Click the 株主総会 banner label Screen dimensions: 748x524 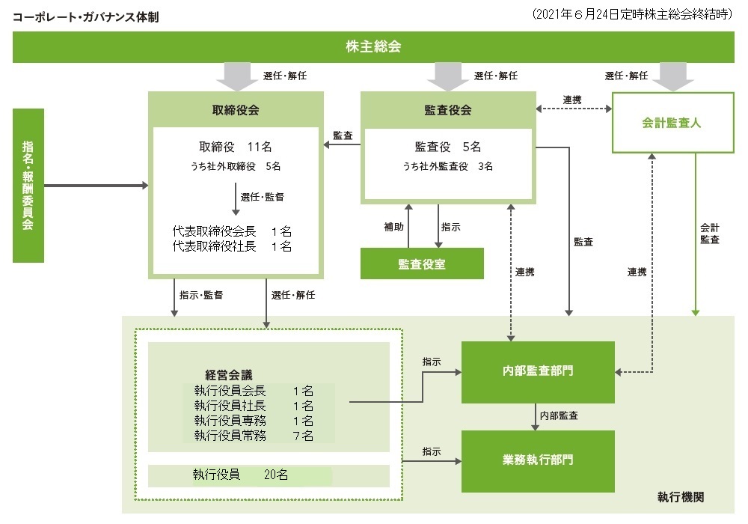373,46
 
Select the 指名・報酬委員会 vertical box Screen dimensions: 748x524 28,186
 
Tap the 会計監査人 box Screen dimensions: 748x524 672,123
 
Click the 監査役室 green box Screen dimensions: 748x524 422,263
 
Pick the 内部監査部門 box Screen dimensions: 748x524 538,372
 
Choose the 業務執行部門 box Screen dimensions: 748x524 538,461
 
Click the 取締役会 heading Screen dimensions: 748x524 236,110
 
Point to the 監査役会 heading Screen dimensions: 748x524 448,110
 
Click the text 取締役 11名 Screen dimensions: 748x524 235,147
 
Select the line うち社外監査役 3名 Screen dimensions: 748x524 447,166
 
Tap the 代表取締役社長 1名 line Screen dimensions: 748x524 232,246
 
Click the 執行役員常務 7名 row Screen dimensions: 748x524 254,435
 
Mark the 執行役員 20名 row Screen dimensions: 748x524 240,475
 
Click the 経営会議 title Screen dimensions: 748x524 228,374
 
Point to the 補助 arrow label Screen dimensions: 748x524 393,227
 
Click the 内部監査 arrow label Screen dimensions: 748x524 559,415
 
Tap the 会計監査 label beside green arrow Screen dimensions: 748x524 709,234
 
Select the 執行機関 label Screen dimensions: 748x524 680,497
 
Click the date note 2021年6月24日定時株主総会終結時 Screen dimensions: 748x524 632,14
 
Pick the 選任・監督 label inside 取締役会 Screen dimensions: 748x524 262,197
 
